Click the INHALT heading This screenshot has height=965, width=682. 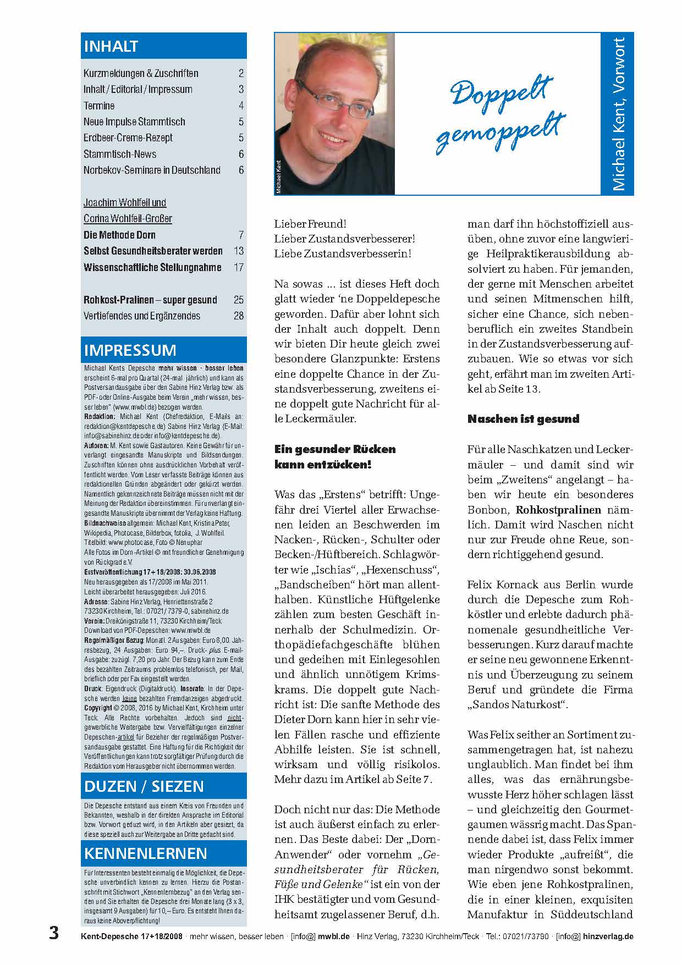tap(111, 47)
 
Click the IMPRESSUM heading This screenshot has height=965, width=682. tap(130, 350)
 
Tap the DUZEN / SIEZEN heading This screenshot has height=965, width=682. tap(144, 786)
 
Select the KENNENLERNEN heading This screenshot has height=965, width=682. tap(146, 853)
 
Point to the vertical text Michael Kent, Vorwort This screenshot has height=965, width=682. tap(619, 114)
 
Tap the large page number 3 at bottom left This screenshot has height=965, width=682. tap(54, 934)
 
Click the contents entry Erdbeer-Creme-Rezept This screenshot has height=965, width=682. tap(128, 138)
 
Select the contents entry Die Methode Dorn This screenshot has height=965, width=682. tap(119, 235)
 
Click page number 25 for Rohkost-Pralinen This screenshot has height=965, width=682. tap(238, 300)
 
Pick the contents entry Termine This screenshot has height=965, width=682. tap(99, 106)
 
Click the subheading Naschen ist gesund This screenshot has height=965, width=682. tap(523, 419)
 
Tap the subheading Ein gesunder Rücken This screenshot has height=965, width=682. tap(335, 449)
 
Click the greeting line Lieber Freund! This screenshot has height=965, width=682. tap(310, 224)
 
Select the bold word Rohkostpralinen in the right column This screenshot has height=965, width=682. tap(558, 510)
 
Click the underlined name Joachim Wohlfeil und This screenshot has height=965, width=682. tap(125, 203)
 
